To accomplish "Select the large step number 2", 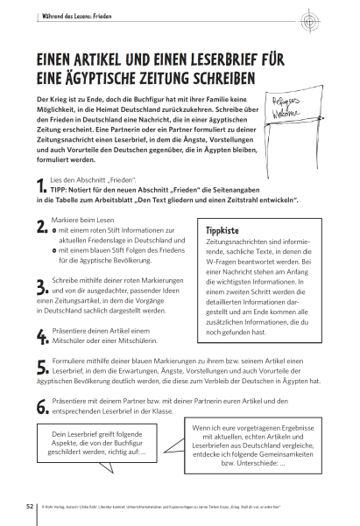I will tap(41, 228).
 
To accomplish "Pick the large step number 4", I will tap(41, 336).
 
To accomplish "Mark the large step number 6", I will tap(41, 405).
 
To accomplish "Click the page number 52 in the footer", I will tap(30, 504).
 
